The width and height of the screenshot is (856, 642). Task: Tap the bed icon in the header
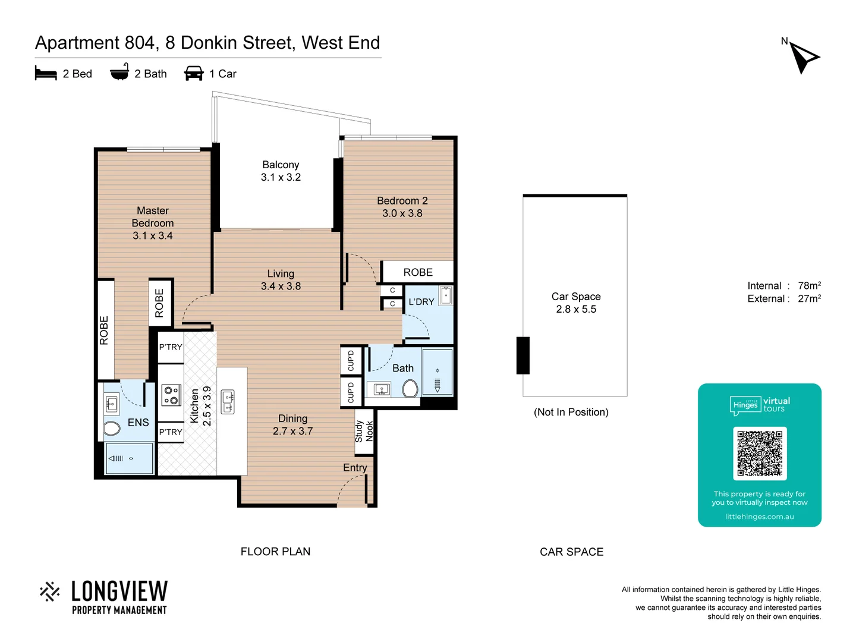click(46, 74)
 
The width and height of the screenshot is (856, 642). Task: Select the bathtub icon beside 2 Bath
click(119, 73)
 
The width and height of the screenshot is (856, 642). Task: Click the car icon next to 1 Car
click(194, 74)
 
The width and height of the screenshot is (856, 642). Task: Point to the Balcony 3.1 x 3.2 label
click(281, 171)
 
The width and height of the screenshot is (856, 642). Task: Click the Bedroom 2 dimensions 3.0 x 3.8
click(402, 213)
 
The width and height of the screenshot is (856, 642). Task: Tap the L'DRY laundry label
click(421, 302)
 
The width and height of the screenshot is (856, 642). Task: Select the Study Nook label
click(364, 431)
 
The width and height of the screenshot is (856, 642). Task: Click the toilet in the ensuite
click(112, 428)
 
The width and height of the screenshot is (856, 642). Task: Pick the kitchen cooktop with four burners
click(171, 395)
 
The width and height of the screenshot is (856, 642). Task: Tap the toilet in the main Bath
click(410, 389)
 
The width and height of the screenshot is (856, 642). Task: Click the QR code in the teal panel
click(760, 454)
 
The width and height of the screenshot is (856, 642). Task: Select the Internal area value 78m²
click(809, 286)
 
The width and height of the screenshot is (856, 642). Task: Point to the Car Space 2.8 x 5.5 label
click(575, 303)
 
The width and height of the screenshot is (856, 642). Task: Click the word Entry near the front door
click(355, 468)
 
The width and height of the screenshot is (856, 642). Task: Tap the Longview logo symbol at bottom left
click(50, 591)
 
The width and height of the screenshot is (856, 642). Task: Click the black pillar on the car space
click(523, 355)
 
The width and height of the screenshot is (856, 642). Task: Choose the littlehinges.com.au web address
click(759, 517)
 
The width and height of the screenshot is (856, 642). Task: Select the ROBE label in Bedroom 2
click(418, 272)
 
